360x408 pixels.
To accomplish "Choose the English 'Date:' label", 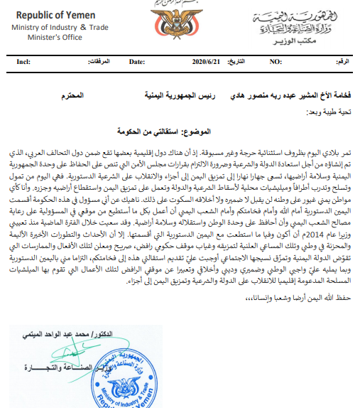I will [x=136, y=62].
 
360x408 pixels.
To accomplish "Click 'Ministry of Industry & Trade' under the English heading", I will [x=58, y=27].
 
